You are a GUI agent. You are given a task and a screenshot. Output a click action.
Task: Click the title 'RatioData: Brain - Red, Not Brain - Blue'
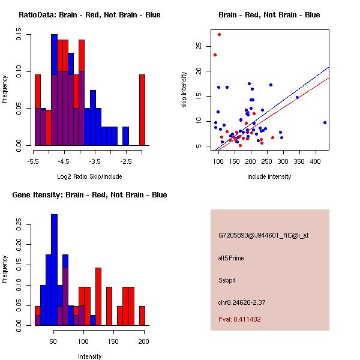tap(89, 15)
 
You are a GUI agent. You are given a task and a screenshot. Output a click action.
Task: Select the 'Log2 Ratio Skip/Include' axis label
tap(89, 176)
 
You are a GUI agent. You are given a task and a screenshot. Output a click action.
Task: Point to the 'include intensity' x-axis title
tap(269, 176)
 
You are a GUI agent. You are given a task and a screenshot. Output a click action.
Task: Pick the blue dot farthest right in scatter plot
tap(325, 122)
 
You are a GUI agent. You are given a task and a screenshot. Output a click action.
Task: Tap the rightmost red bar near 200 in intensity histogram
tap(142, 316)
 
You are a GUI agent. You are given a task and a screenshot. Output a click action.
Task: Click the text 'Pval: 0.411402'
tap(239, 319)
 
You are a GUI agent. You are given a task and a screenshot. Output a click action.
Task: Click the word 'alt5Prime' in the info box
tap(231, 258)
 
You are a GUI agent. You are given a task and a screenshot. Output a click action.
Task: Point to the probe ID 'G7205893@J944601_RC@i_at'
tap(263, 236)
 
